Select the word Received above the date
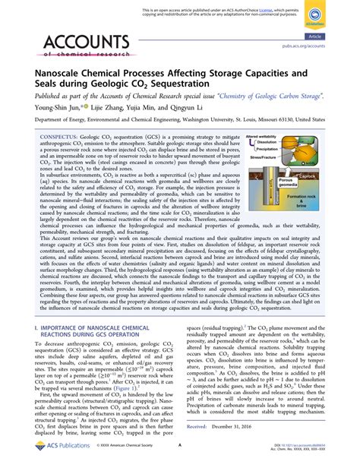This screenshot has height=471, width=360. coord(196,428)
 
